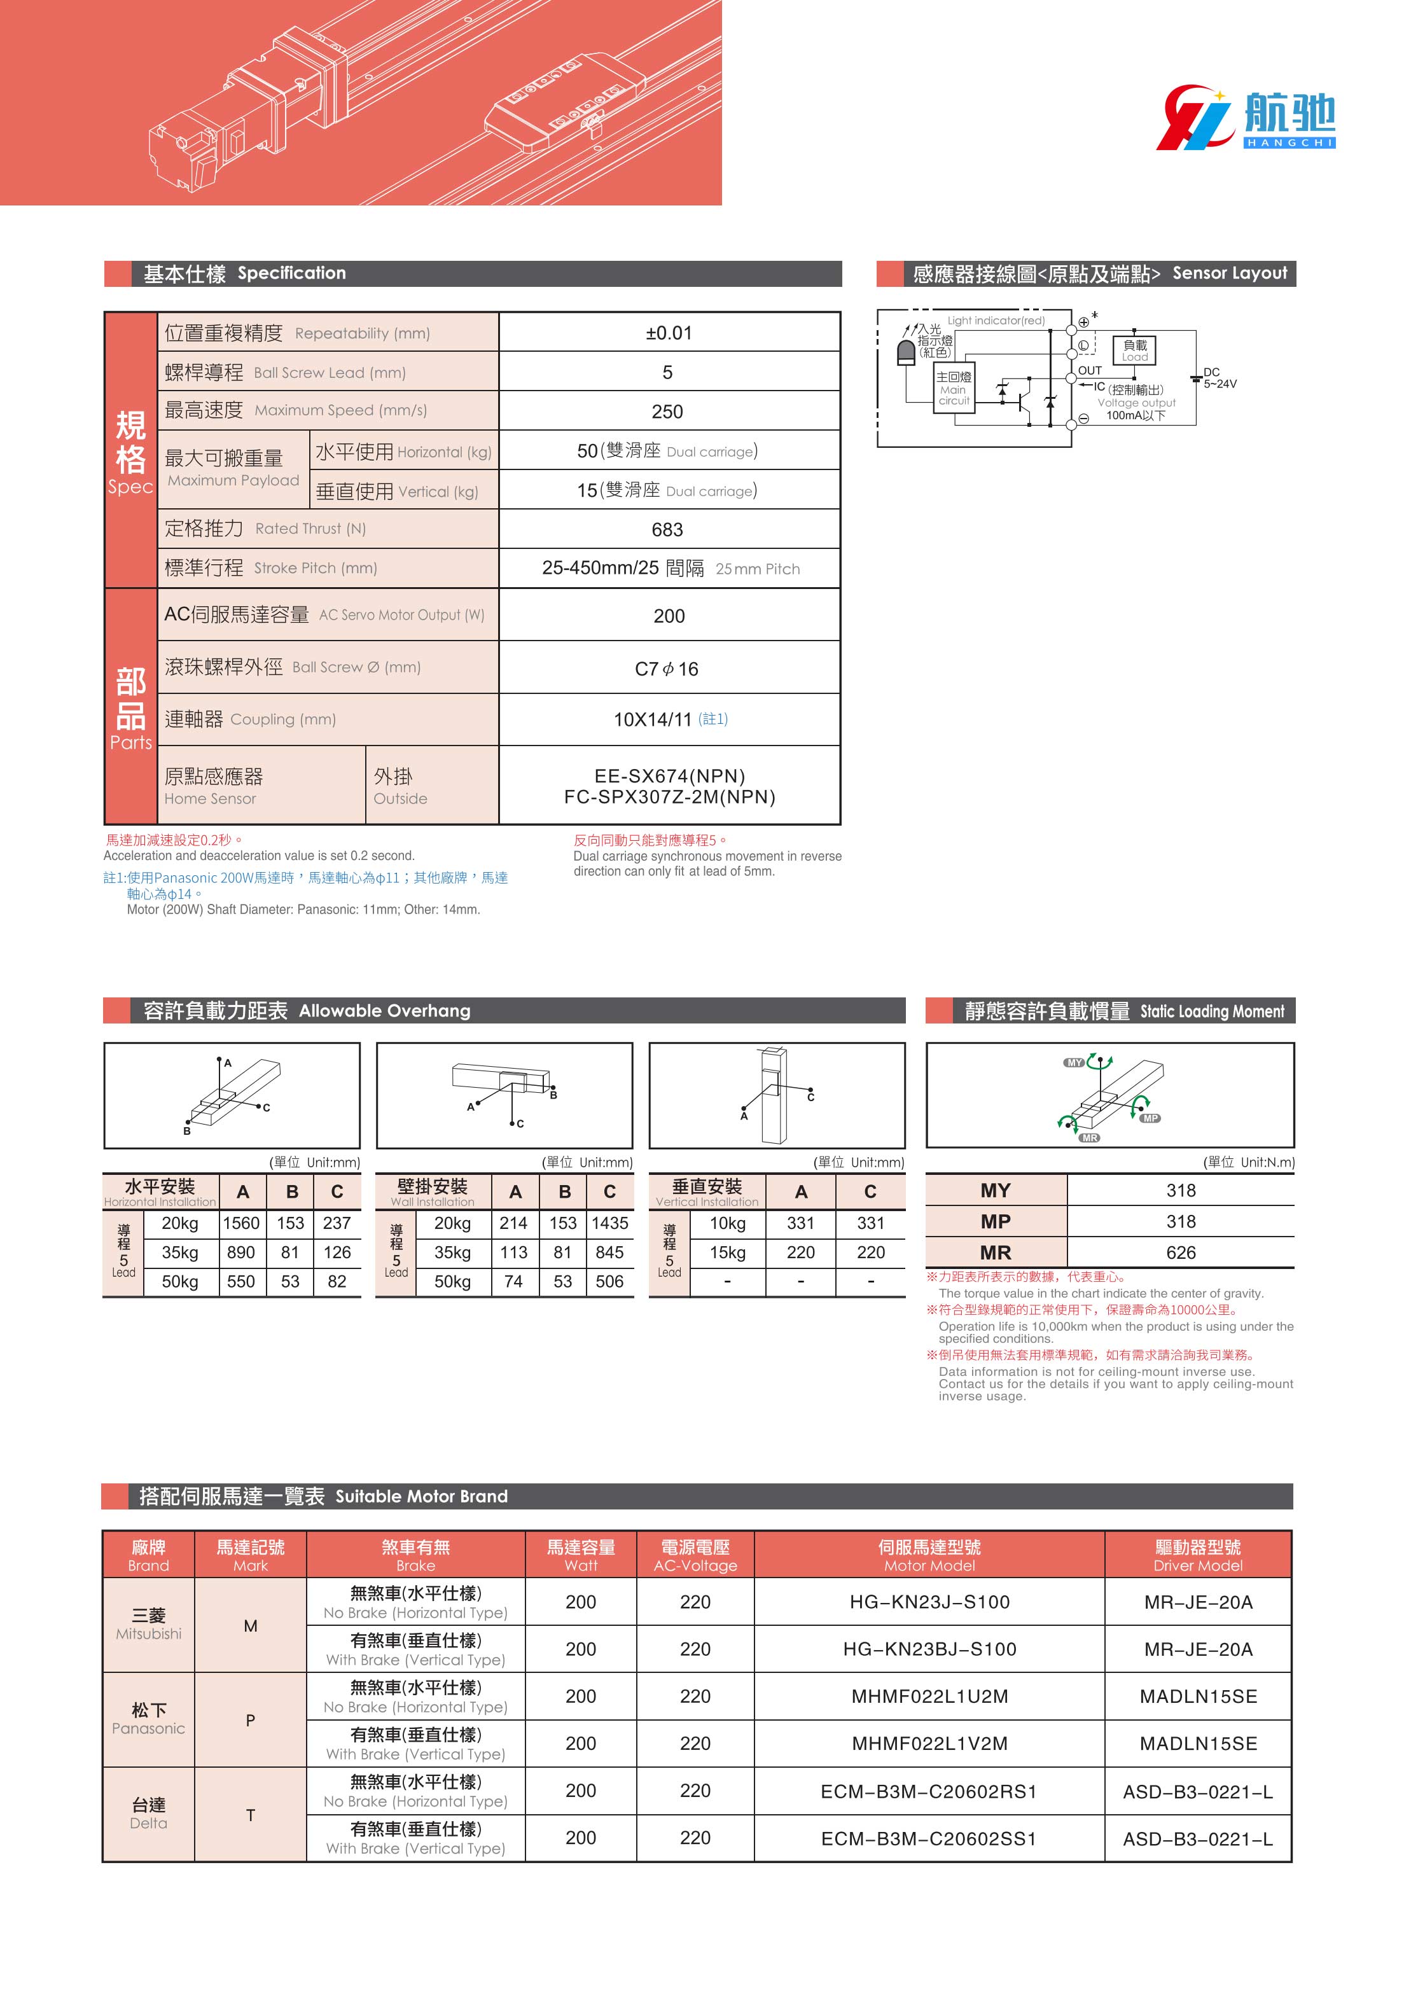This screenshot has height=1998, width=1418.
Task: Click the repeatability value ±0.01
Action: tap(669, 333)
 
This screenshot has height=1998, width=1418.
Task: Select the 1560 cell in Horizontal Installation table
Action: tap(241, 1224)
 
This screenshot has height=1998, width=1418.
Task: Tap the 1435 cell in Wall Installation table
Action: tap(609, 1224)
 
